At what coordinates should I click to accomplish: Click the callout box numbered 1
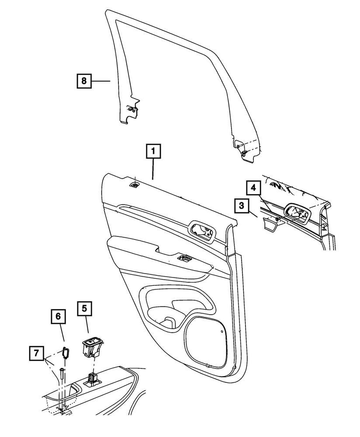click(153, 153)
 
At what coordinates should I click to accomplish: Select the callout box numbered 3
click(242, 205)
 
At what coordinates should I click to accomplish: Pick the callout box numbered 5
click(85, 309)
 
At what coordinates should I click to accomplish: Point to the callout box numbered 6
click(59, 316)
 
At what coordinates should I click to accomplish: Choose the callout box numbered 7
click(37, 352)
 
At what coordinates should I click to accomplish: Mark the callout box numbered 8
click(84, 81)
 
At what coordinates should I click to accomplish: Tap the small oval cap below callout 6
click(66, 352)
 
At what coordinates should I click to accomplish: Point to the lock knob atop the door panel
click(135, 185)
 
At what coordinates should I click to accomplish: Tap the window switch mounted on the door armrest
click(183, 258)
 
